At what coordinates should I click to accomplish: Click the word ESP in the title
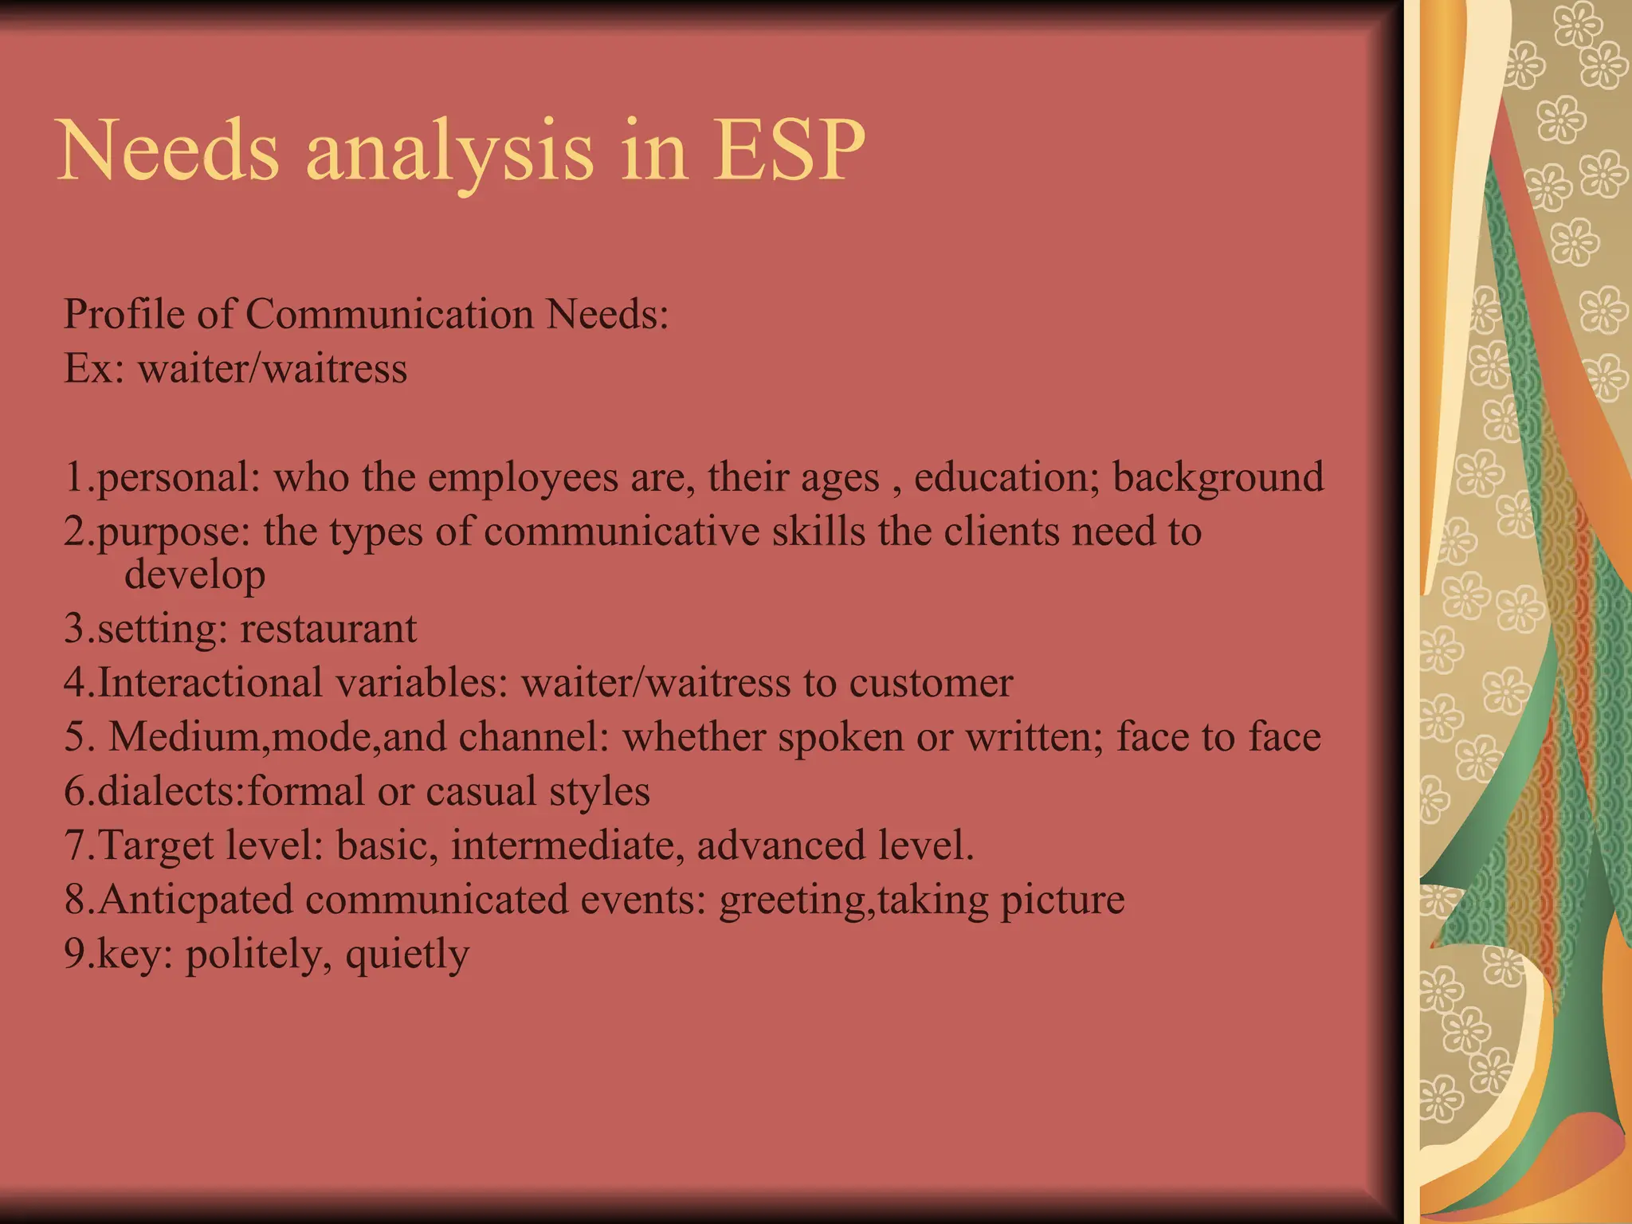[x=788, y=150]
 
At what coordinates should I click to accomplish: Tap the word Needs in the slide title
[x=169, y=150]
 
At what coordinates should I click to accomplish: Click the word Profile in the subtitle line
[x=124, y=313]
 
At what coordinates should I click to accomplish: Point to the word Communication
[x=389, y=313]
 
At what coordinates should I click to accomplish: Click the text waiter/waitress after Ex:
[x=273, y=368]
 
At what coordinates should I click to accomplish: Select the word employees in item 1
[x=523, y=478]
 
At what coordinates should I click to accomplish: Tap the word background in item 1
[x=1218, y=478]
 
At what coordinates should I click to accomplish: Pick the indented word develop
[x=194, y=575]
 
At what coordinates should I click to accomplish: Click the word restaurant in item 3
[x=328, y=629]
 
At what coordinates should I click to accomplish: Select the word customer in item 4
[x=931, y=683]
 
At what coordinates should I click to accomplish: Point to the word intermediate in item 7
[x=567, y=845]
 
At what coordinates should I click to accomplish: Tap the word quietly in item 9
[x=407, y=955]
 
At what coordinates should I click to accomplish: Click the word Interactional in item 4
[x=210, y=683]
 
